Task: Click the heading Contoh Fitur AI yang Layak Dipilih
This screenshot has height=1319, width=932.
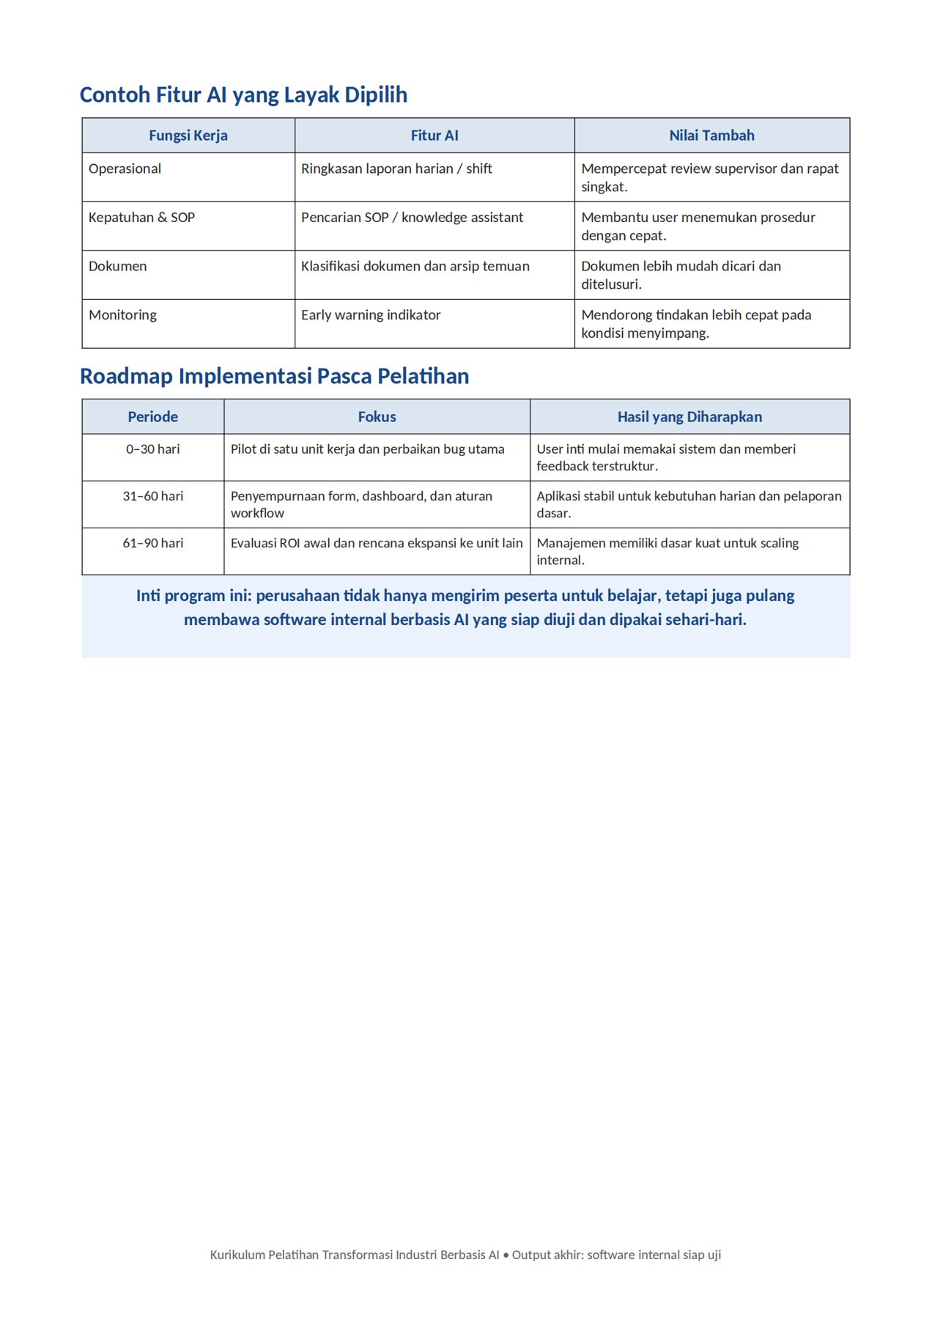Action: point(243,95)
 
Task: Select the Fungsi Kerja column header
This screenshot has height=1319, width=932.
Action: point(188,136)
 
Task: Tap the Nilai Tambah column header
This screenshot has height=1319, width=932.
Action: point(711,136)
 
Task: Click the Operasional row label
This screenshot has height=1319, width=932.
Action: point(125,169)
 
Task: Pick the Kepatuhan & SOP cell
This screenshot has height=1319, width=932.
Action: point(142,218)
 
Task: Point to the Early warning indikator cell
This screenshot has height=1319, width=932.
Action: point(371,315)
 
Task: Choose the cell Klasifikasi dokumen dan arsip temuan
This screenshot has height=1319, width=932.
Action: point(415,267)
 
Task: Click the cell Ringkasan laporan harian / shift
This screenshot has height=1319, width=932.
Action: point(396,169)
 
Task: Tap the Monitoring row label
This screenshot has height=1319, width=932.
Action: point(123,315)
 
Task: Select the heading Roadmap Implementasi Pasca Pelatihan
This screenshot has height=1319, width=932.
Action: point(274,377)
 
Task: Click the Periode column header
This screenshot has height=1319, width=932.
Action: point(153,417)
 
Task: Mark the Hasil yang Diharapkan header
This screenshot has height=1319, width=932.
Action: point(689,417)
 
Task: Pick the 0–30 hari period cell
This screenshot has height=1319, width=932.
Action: point(153,449)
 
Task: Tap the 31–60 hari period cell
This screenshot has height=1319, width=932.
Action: point(153,496)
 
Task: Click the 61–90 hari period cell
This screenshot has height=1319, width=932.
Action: point(153,543)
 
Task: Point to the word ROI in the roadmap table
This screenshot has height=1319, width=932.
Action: point(290,543)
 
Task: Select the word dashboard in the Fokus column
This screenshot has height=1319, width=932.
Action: point(393,496)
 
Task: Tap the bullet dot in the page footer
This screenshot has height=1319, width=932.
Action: point(506,1255)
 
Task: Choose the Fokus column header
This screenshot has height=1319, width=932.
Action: point(377,417)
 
